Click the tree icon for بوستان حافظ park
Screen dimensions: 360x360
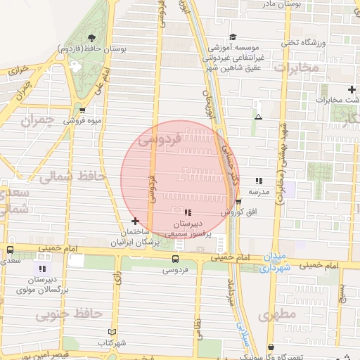point(91,38)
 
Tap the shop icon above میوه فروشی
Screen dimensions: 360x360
point(82,110)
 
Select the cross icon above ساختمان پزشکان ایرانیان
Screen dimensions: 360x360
point(135,221)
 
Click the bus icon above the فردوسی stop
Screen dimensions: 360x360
point(175,259)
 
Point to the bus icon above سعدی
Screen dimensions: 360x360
point(10,250)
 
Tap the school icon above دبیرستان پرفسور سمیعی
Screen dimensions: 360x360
point(188,212)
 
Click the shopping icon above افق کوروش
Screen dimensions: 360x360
point(238,202)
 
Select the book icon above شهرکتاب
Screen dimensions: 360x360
point(111,332)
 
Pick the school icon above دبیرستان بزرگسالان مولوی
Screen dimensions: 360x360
point(42,268)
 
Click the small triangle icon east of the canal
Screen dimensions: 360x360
point(259,117)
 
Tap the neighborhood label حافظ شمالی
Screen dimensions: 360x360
point(71,176)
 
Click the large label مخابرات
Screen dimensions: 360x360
point(295,68)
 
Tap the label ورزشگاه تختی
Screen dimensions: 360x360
point(304,43)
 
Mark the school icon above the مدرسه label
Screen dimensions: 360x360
point(259,181)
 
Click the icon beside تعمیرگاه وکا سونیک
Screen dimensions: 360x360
point(271,347)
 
